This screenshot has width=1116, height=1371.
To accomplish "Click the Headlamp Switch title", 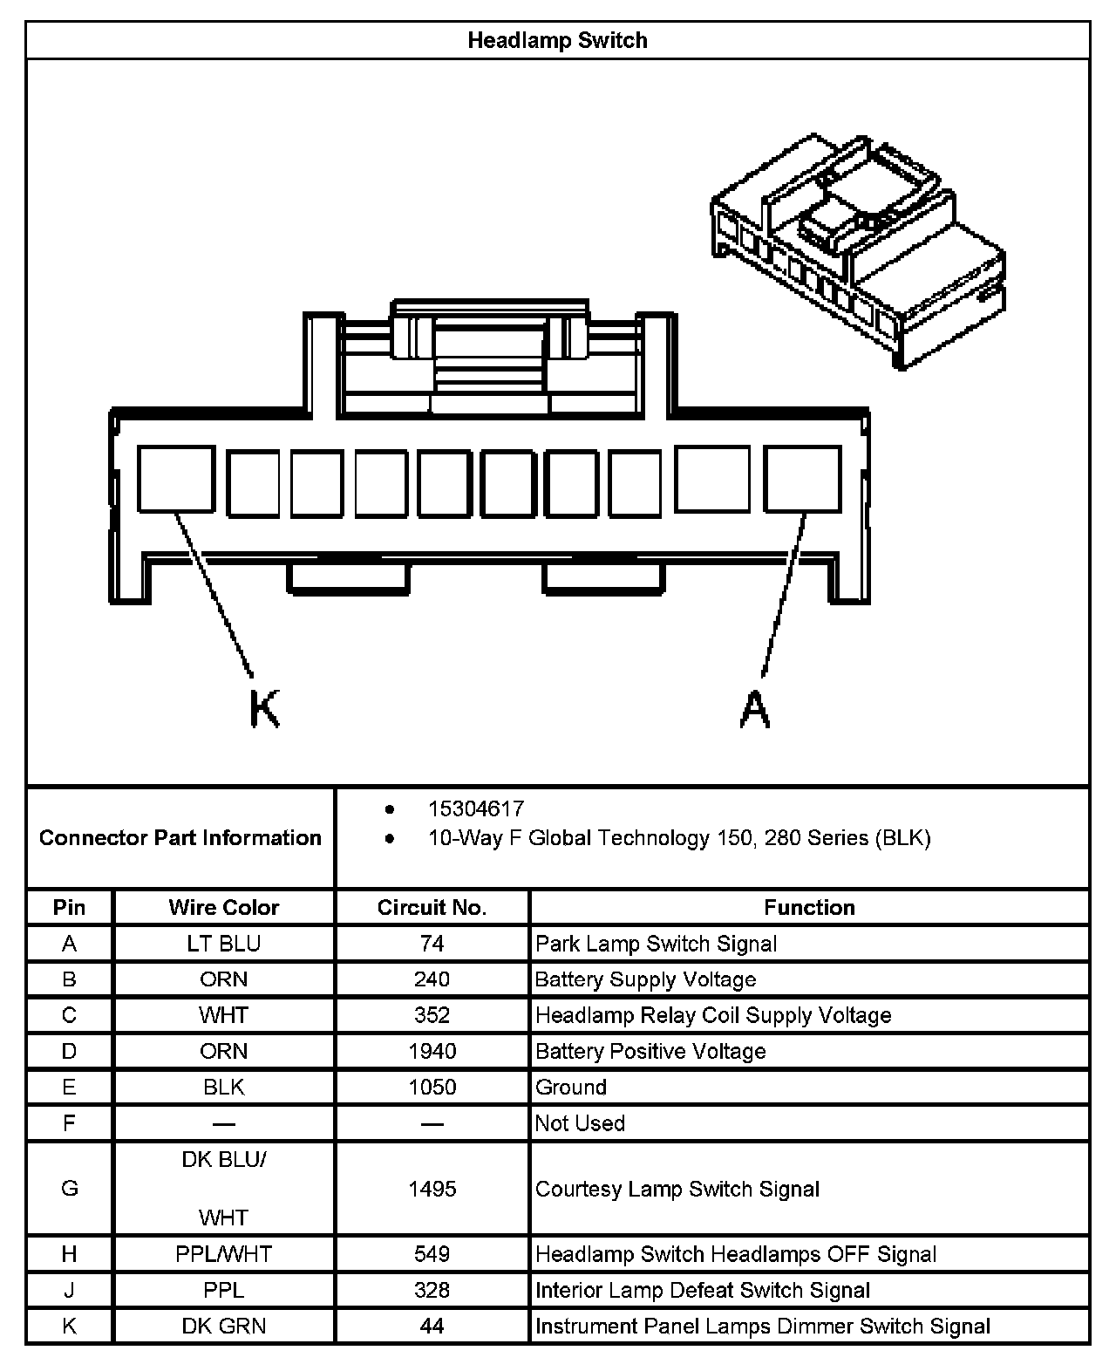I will [x=557, y=40].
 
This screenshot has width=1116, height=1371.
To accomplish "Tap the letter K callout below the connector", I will [x=264, y=708].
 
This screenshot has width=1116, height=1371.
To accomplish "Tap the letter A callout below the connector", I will [x=755, y=708].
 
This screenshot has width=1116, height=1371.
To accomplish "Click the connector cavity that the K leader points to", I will [x=176, y=478].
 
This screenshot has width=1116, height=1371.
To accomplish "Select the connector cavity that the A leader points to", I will [x=803, y=478].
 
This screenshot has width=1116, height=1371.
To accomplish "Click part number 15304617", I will [x=476, y=809].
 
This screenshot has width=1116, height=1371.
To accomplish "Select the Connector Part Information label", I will [x=180, y=838].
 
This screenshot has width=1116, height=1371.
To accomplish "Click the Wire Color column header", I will [x=224, y=908].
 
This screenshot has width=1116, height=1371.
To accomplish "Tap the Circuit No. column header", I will [x=432, y=908].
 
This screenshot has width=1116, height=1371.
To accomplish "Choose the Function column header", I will [x=809, y=908].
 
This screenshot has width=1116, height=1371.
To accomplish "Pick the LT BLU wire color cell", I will [x=224, y=944].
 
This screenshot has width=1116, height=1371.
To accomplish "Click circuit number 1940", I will [x=432, y=1051].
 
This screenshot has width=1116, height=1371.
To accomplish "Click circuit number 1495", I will [x=432, y=1189].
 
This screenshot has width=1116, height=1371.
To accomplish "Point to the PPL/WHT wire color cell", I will [x=224, y=1254].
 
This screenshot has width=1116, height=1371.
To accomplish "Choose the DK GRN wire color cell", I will [x=224, y=1327].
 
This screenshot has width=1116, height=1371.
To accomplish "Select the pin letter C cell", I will [x=70, y=1015].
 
